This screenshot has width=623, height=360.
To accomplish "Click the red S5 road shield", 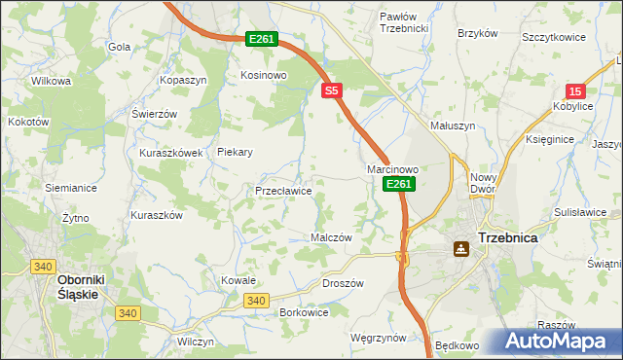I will click(x=332, y=90).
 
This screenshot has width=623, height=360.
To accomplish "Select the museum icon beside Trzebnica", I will click(x=458, y=249).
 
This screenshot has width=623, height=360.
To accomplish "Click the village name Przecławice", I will click(x=283, y=191).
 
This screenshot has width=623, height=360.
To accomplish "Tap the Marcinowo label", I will click(x=392, y=169).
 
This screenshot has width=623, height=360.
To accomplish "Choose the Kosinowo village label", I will click(x=263, y=75).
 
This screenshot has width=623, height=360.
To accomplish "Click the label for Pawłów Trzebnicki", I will click(x=404, y=22).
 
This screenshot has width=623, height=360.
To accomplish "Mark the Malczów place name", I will click(x=330, y=236).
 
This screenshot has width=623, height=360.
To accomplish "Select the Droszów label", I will click(x=342, y=283).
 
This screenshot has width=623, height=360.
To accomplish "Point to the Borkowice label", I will click(x=303, y=312).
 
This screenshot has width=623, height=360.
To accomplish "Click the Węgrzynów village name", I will click(x=377, y=337).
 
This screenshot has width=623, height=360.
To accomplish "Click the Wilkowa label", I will click(x=52, y=81).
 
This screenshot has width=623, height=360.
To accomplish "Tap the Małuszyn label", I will click(x=452, y=126).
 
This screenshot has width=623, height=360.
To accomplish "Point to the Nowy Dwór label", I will click(x=483, y=183).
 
